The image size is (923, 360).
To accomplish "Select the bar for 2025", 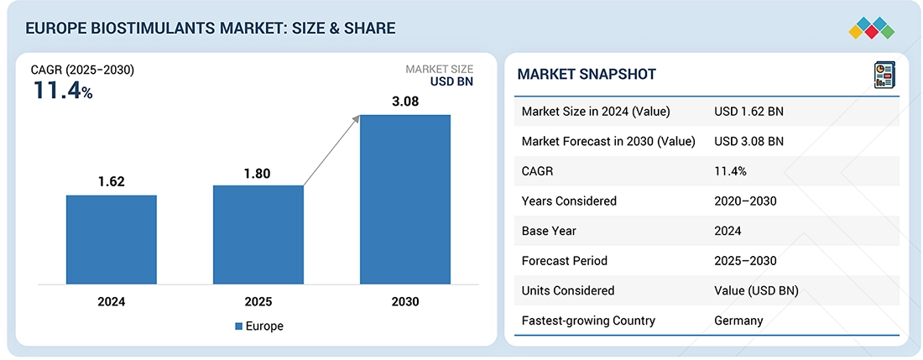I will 258,234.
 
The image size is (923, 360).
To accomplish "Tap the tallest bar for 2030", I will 405,199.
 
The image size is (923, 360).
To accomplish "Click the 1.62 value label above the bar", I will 112,180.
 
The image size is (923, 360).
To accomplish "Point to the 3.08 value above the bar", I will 405,101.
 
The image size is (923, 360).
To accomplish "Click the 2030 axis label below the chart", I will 405,301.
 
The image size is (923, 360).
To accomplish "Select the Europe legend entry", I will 259,326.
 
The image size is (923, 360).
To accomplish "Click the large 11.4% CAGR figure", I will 63,91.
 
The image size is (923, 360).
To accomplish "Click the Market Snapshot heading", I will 587,75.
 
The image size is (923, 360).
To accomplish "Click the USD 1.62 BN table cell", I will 748,112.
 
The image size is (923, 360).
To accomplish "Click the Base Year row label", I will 550,231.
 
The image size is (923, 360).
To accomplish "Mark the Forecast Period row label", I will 564,261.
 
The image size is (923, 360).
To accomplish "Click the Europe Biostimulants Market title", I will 211,29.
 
